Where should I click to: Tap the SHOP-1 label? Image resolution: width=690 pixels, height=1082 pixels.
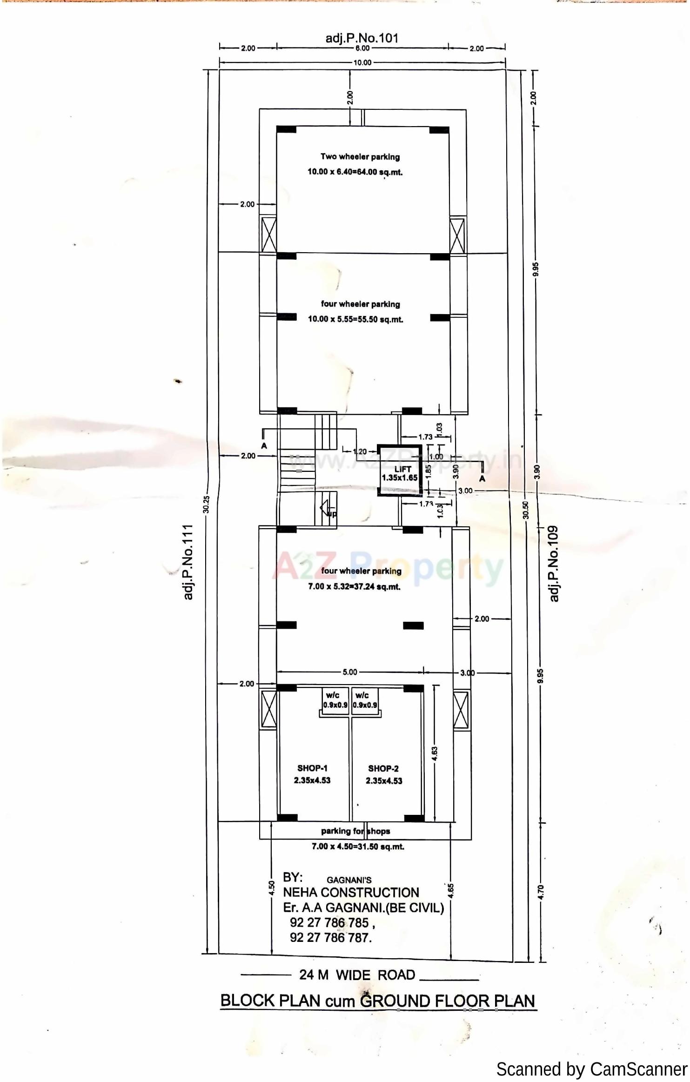tap(312, 768)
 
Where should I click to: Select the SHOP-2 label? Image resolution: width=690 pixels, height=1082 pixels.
tap(383, 769)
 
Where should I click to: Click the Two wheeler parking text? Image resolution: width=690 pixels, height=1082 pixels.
tap(360, 157)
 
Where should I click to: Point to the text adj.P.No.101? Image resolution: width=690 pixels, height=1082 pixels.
tap(362, 38)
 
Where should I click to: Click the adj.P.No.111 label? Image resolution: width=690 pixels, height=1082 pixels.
tap(188, 562)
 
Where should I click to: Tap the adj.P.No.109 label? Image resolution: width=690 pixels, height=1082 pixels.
tap(553, 564)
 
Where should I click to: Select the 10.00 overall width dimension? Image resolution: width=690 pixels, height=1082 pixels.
tap(362, 63)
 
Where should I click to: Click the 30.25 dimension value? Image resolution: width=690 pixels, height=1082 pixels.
tap(207, 504)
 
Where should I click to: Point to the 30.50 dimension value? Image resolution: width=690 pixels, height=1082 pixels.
tap(526, 510)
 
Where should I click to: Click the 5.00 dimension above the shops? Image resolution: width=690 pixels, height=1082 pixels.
tap(350, 672)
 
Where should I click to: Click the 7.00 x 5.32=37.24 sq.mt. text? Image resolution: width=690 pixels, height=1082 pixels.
tap(354, 587)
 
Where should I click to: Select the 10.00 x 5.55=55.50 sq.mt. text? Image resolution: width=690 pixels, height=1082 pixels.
tap(355, 319)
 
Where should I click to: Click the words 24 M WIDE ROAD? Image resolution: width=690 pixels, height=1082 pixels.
tap(357, 975)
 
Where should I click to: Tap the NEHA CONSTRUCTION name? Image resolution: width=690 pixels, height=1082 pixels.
tap(351, 893)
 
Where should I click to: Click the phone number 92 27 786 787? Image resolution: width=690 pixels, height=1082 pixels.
tap(331, 938)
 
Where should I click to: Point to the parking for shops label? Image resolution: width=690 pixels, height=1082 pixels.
tap(355, 831)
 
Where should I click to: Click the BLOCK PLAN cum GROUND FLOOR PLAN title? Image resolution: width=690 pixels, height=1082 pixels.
tap(377, 1001)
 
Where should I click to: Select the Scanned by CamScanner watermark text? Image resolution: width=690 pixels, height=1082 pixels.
tap(591, 1069)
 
